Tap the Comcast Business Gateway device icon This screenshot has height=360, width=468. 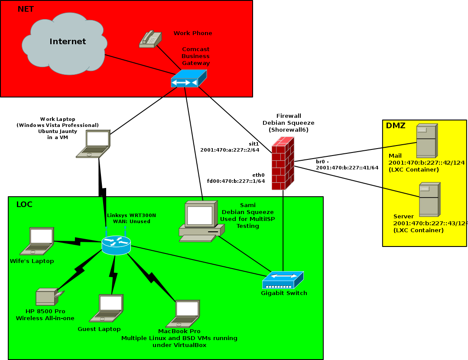[188, 79]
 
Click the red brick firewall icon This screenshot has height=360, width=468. [283, 163]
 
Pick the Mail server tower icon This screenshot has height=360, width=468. [426, 141]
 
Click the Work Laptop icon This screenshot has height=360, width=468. [94, 143]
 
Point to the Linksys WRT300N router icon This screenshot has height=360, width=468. [116, 245]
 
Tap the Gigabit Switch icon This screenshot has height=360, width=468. [283, 280]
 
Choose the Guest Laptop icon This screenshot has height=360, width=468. [107, 308]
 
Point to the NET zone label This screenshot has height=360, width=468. [26, 9]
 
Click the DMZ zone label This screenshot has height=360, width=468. [395, 126]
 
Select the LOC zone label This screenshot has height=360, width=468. [24, 204]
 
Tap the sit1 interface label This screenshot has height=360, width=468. [253, 143]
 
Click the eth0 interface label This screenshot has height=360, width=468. [259, 175]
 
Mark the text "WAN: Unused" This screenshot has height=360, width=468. [131, 221]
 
